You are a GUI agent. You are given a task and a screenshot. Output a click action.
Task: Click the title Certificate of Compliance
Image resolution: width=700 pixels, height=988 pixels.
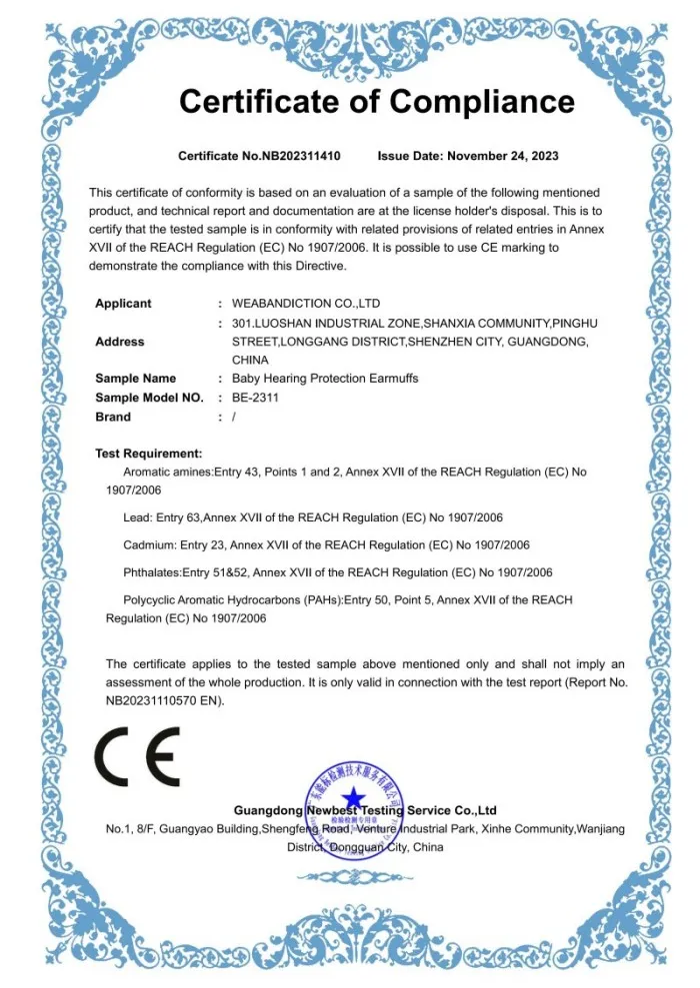[376, 101]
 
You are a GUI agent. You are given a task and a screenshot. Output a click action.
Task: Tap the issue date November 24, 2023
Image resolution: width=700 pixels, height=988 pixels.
[502, 156]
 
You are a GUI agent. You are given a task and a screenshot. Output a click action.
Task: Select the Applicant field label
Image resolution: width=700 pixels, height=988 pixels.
[123, 303]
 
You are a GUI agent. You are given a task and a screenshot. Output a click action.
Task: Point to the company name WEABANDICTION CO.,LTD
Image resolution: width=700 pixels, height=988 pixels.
[306, 303]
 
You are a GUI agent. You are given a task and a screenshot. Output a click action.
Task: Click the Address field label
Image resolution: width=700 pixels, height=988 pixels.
[119, 342]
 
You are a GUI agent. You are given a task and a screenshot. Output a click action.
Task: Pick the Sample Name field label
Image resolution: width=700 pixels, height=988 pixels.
[135, 379]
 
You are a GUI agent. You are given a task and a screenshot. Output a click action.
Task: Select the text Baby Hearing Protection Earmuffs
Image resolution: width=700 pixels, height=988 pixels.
[325, 379]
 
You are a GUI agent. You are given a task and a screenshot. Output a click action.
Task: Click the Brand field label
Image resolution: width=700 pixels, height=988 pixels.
[113, 417]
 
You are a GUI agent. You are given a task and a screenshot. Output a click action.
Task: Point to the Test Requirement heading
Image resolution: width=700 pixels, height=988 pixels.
[148, 454]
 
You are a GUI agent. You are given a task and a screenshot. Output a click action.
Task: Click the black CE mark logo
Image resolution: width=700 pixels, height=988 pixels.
[137, 756]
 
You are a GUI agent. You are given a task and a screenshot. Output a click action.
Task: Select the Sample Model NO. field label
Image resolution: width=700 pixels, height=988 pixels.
[149, 398]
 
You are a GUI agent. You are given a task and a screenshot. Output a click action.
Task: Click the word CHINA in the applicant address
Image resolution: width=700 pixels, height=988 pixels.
[250, 360]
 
